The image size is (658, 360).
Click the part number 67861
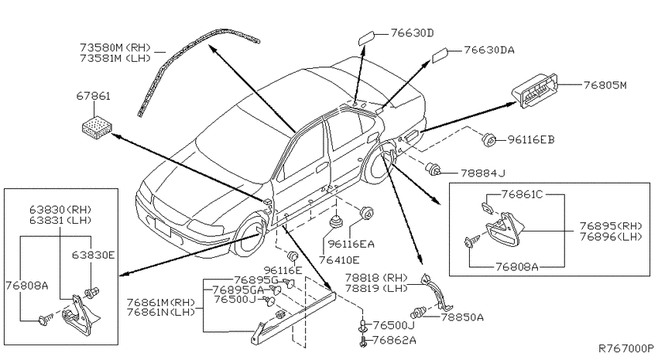pos(93,96)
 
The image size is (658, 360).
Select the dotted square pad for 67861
pos(98,126)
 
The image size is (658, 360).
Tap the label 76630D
pos(412,33)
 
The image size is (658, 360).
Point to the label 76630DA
pos(489,50)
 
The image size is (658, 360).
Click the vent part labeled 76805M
pos(535,91)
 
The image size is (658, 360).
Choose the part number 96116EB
pos(531,139)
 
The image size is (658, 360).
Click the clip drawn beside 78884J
pos(432,170)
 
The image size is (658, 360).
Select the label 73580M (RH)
pos(115,47)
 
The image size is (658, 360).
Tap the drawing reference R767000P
pos(625,348)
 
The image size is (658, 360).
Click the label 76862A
pos(394,340)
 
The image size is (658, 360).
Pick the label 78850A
pos(462,317)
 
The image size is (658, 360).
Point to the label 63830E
pos(93,255)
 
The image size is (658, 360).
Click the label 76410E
pos(339,260)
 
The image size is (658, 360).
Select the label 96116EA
pos(351,244)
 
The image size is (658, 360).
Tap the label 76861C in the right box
pos(522,194)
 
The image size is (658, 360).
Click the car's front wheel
pos(251,235)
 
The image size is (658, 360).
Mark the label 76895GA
pos(238,290)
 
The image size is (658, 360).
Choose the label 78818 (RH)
pos(376,278)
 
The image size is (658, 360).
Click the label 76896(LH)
pos(611,237)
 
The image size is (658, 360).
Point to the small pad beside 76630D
pos(367,36)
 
